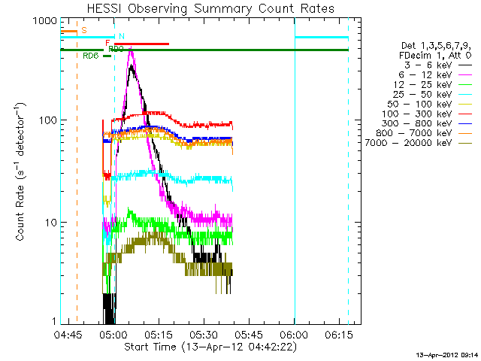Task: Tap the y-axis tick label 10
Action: pos(49,223)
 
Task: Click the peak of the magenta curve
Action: pos(132,50)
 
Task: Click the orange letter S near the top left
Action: pos(83,30)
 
